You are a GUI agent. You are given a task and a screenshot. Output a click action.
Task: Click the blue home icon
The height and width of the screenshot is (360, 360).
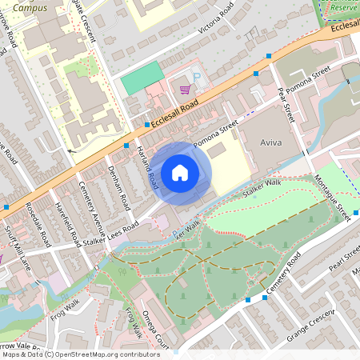pyautogui.click(x=180, y=172)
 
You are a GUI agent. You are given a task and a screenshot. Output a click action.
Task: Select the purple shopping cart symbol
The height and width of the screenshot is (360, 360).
pyautogui.click(x=185, y=90)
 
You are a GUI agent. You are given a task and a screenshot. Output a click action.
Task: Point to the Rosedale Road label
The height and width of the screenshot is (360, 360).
pyautogui.click(x=38, y=224)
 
